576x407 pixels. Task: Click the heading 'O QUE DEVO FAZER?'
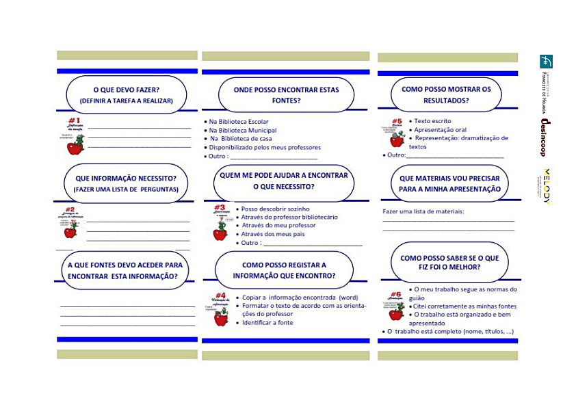tap(126, 89)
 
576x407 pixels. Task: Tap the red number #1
tap(75, 120)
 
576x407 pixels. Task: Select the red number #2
tap(70, 210)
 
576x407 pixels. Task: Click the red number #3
tap(220, 207)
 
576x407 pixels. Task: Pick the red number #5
tap(396, 121)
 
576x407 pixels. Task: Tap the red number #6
tap(395, 294)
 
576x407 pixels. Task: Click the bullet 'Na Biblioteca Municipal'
tap(242, 130)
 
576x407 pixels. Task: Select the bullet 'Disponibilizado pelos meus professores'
tap(264, 147)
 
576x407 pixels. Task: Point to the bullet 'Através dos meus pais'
tap(272, 234)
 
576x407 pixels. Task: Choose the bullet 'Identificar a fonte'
tap(267, 322)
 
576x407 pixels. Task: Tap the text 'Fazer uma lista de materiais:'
tap(423, 211)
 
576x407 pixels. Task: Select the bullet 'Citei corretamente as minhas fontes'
tap(465, 306)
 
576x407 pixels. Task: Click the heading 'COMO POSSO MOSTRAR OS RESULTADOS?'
tap(446, 94)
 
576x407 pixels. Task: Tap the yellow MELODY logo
tap(546, 185)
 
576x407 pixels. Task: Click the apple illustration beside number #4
tap(221, 316)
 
